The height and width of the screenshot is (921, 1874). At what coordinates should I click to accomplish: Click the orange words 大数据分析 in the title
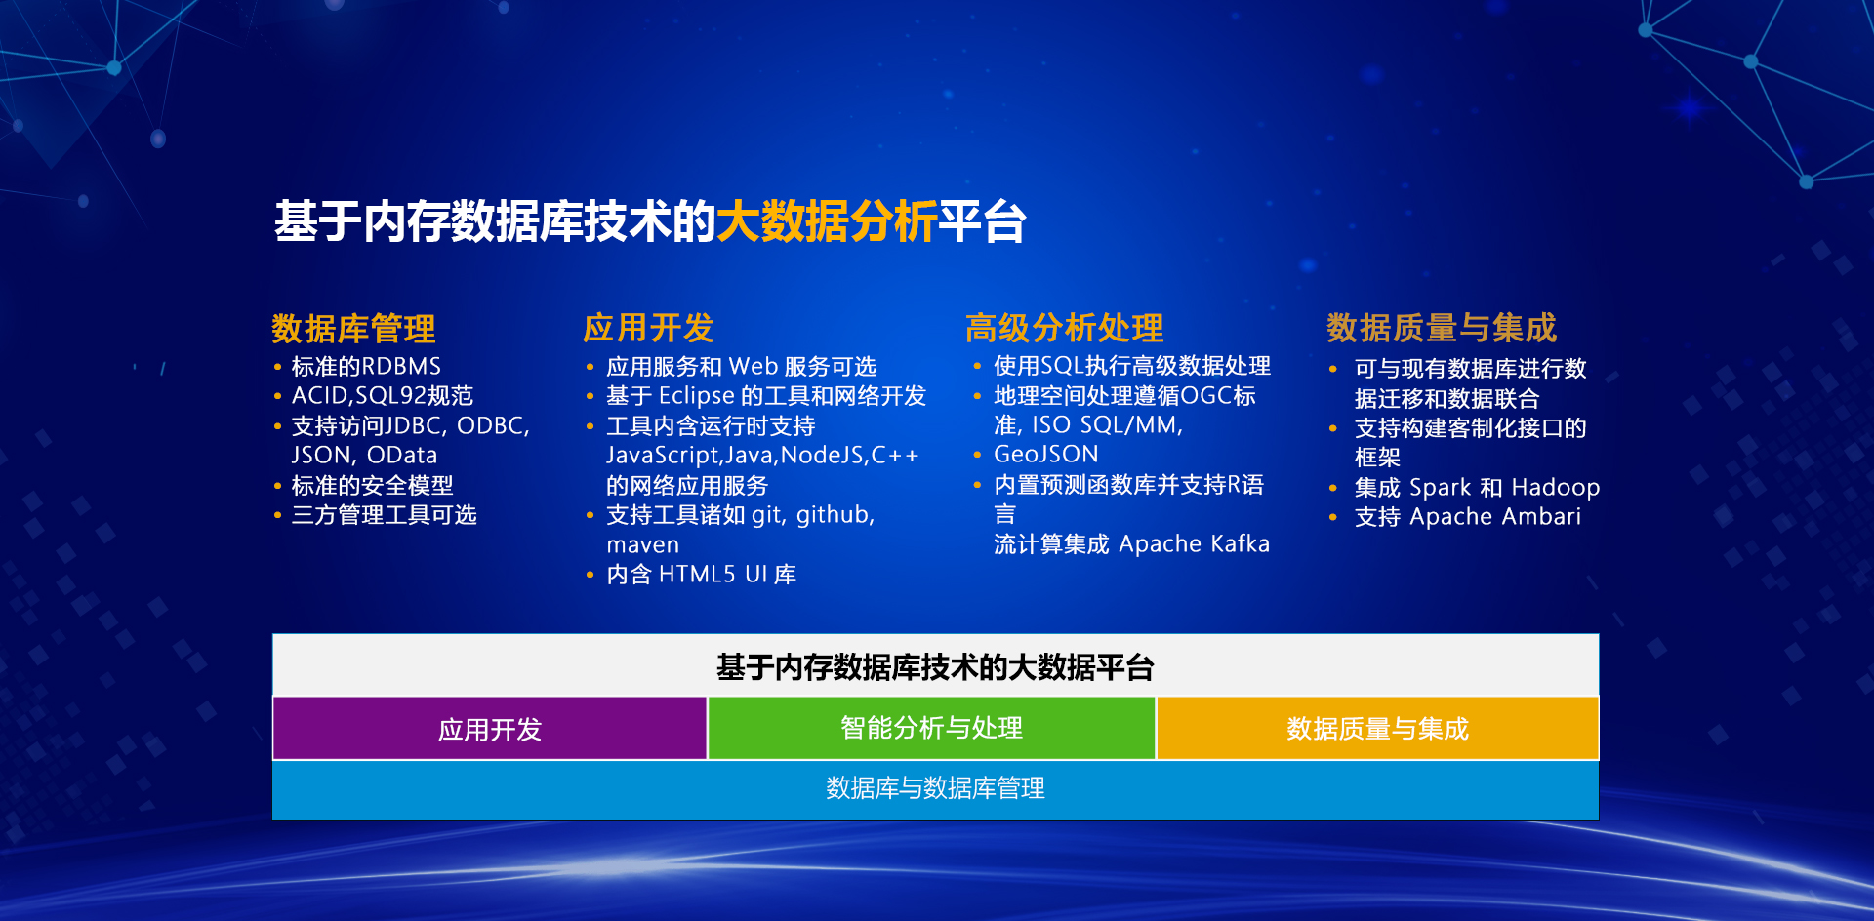pos(826,221)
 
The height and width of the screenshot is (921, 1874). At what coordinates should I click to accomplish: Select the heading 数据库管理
pos(353,329)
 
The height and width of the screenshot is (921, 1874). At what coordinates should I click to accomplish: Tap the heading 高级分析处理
pos(1064,328)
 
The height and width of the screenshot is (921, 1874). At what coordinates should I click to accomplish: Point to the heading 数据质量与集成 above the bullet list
pos(1441,328)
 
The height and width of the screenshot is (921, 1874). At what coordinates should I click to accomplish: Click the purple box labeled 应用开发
pos(489,729)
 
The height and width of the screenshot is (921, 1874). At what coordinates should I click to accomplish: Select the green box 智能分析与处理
pos(931,728)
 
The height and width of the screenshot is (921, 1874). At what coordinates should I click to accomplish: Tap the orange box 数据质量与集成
pos(1376,729)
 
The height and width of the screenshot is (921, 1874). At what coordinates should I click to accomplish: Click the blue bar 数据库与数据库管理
pos(935,788)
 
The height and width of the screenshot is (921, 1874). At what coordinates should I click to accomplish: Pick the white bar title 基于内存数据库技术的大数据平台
pos(935,667)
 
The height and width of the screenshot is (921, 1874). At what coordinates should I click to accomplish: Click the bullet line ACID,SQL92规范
pos(382,396)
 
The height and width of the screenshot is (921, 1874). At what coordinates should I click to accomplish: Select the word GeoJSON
pos(1045,455)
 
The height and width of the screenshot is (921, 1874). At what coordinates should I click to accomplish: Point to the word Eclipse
pos(696,396)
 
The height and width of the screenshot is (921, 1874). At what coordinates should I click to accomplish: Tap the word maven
pos(642,545)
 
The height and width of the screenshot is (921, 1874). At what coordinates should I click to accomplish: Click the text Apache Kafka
pos(1194,544)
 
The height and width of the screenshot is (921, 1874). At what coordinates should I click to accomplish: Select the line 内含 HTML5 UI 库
pos(701,575)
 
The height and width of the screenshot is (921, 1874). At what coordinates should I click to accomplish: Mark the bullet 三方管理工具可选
pos(384,515)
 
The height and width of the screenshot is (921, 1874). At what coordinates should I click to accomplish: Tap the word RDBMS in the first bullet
pos(402,367)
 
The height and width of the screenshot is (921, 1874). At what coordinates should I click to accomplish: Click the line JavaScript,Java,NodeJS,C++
pos(762,456)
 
